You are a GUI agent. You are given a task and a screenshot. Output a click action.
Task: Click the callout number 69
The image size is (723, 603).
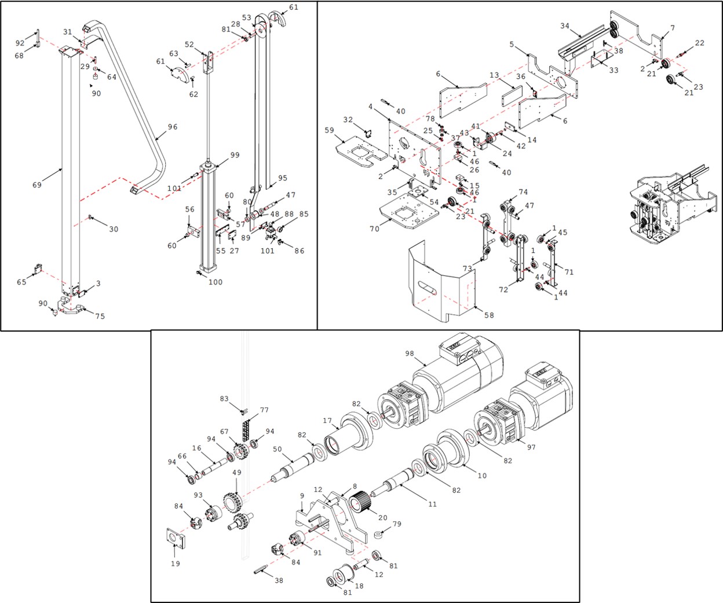(x=37, y=185)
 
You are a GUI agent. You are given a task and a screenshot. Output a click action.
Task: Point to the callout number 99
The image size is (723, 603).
(x=235, y=155)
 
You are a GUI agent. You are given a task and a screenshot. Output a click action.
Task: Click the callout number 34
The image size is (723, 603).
(x=565, y=26)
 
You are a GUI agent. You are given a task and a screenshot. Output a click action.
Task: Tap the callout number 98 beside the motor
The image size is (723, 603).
(x=410, y=354)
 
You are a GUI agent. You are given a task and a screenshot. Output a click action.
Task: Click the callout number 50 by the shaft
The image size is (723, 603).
(x=277, y=450)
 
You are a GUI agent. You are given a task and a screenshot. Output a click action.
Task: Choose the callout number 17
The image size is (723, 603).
(x=327, y=421)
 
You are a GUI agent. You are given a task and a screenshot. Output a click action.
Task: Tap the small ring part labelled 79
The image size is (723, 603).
(x=380, y=535)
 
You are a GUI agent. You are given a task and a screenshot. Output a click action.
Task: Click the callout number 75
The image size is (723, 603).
(x=100, y=317)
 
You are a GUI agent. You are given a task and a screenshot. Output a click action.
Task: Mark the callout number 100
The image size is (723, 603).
(x=216, y=282)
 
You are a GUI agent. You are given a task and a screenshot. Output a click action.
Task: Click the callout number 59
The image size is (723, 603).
(x=329, y=131)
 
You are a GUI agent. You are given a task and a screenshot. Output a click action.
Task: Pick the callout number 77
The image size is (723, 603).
(x=265, y=410)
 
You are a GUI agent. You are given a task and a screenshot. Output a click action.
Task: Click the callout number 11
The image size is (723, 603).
(x=432, y=504)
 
